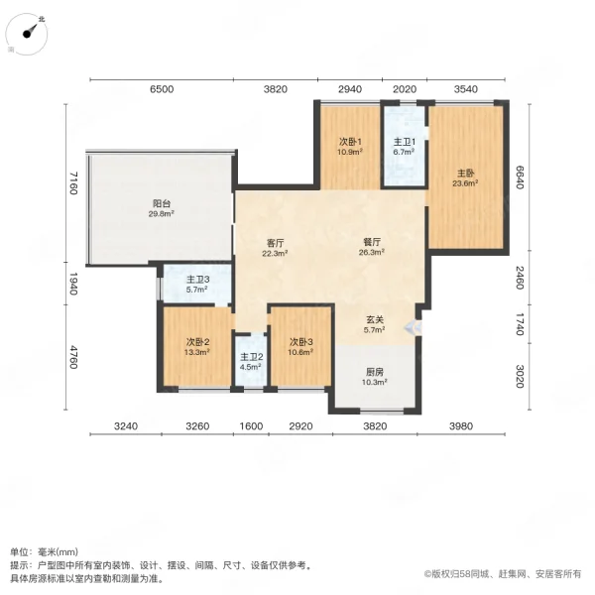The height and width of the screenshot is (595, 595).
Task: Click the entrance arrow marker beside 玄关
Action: click(421, 325)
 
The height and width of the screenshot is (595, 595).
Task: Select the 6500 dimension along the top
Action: click(162, 90)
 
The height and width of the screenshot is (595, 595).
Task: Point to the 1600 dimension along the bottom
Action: click(251, 425)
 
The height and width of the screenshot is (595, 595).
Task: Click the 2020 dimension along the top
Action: click(404, 90)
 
